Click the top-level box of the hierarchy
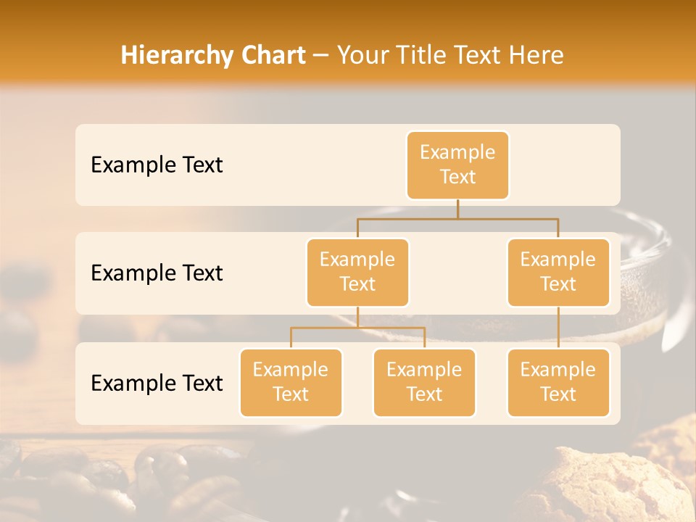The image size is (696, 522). point(457,165)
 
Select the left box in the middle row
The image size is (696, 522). point(357,272)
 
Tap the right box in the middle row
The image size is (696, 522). point(558,272)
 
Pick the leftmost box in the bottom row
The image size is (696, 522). point(291,382)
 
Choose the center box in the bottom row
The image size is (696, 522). point(424,382)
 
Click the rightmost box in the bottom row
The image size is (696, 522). point(558,382)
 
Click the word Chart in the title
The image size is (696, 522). point(270,56)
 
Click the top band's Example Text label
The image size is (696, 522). point(157,165)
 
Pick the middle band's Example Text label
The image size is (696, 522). point(157,273)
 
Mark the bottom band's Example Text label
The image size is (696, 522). point(157,384)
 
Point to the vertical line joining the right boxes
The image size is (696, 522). point(558,327)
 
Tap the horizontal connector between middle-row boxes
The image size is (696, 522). point(457,217)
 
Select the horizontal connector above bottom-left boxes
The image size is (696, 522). point(357,328)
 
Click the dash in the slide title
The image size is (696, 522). point(321,56)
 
